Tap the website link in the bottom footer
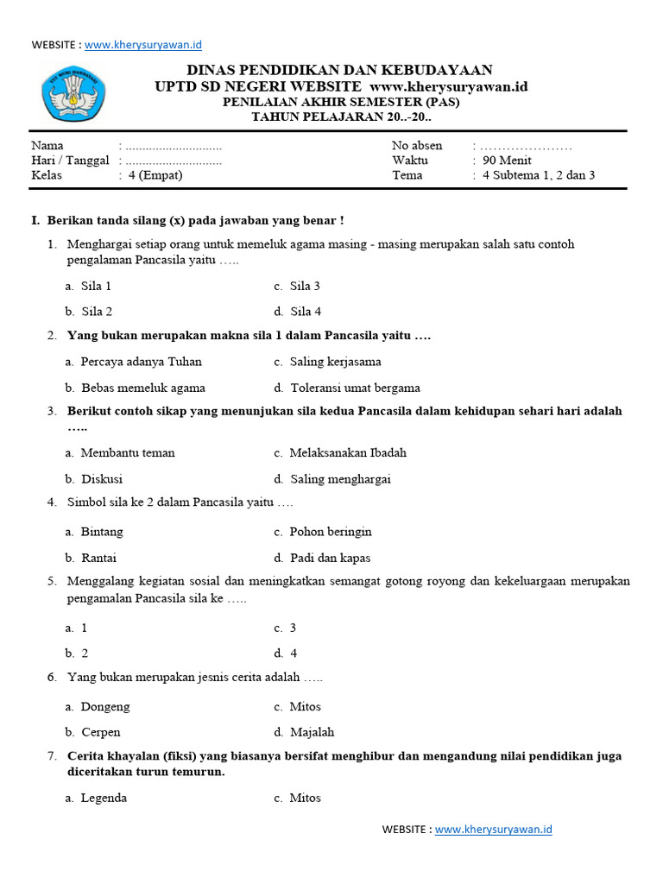pos(493,830)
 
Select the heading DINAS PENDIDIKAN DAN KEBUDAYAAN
pos(340,70)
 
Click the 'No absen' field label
pos(417,145)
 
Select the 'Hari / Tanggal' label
pos(70,160)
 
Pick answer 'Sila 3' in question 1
pos(305,286)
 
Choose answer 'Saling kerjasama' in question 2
pos(335,362)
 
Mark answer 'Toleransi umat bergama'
pos(355,388)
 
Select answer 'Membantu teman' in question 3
pos(128,452)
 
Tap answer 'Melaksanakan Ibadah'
pos(348,452)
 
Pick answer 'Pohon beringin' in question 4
pos(331,532)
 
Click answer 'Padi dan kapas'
pos(330,558)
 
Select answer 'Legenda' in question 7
pos(104,798)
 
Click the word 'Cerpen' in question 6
pos(101,732)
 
